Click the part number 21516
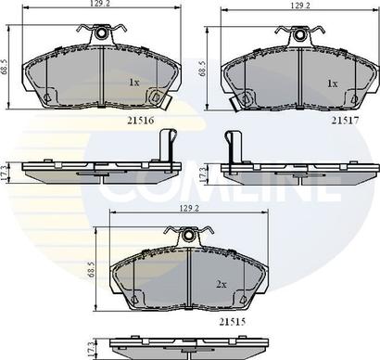[129, 120]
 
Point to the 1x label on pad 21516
[133, 83]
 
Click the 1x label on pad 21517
[332, 83]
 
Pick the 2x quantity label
[222, 282]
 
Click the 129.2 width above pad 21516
[99, 6]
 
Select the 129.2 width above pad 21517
[298, 6]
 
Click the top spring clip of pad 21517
[298, 35]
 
